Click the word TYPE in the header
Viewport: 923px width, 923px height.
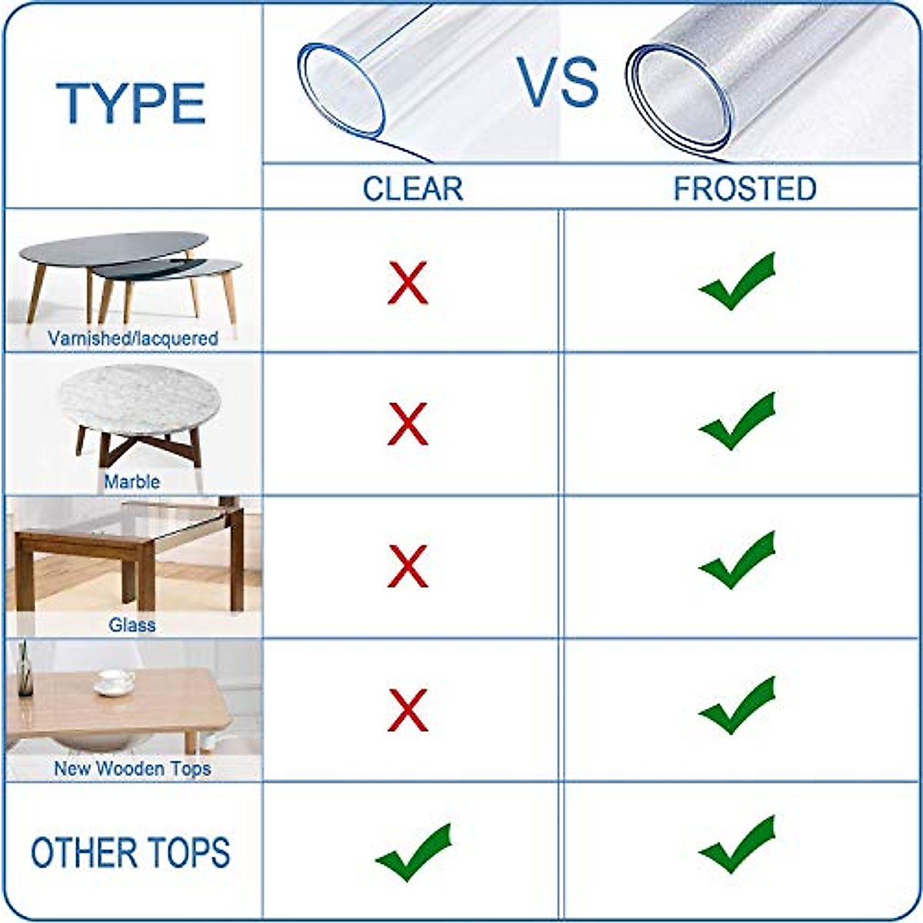(x=131, y=103)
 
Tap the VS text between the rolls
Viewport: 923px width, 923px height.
(x=558, y=82)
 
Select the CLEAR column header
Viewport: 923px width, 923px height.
(x=413, y=189)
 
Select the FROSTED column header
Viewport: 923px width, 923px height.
(x=745, y=189)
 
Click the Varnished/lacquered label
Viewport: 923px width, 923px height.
(x=132, y=338)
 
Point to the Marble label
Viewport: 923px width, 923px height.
(x=132, y=482)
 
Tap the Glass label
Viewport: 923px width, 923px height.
(x=132, y=625)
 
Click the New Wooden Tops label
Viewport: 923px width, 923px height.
(x=132, y=768)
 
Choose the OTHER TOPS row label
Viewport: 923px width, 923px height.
(x=131, y=853)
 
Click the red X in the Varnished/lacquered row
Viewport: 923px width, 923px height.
(x=408, y=283)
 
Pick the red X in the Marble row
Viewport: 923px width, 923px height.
(x=408, y=425)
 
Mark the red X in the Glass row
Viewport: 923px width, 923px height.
(x=408, y=567)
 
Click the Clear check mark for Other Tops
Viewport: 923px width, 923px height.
(x=413, y=851)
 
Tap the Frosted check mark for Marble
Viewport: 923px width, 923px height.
(x=737, y=422)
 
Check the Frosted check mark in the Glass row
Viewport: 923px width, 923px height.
(x=737, y=561)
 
